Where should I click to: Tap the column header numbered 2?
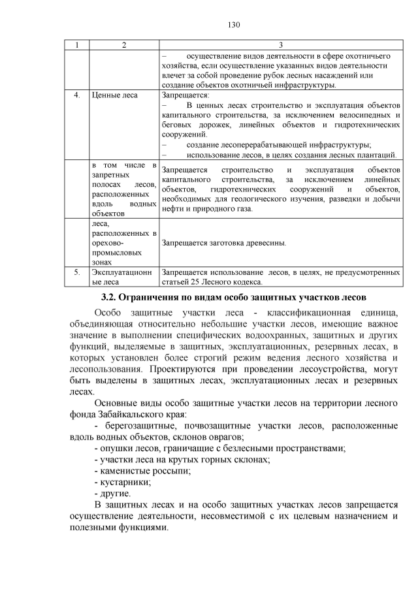coord(123,44)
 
